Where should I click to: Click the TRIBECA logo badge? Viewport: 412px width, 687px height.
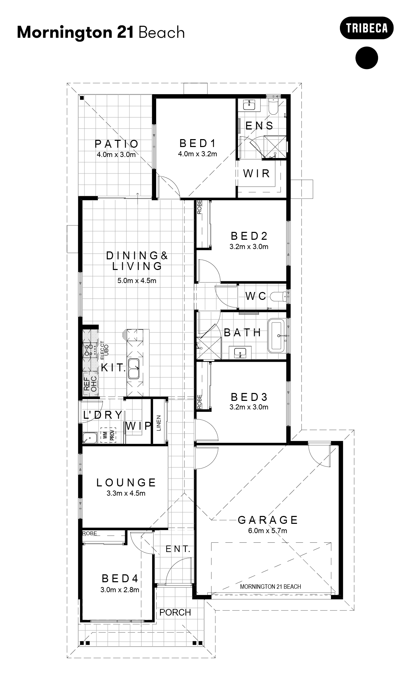pos(366,28)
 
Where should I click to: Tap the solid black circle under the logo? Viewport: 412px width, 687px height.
pos(366,58)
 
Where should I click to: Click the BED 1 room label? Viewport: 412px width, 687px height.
pos(197,143)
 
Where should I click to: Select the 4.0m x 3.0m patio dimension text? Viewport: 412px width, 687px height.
pos(116,155)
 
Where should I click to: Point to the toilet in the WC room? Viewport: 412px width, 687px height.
pos(279,296)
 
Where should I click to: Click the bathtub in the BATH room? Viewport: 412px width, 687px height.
pos(276,335)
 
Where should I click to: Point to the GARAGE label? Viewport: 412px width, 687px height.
pos(268,520)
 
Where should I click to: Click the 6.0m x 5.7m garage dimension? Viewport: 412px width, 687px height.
pos(267,531)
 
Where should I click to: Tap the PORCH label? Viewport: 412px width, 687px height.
pos(175,612)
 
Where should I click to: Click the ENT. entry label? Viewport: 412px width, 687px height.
pos(178,549)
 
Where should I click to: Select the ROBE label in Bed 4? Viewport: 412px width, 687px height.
pos(90,533)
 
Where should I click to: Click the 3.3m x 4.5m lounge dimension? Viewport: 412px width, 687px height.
pos(126,494)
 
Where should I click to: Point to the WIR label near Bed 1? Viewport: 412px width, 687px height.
pos(256,173)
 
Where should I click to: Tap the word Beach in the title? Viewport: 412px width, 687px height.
pos(162,33)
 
